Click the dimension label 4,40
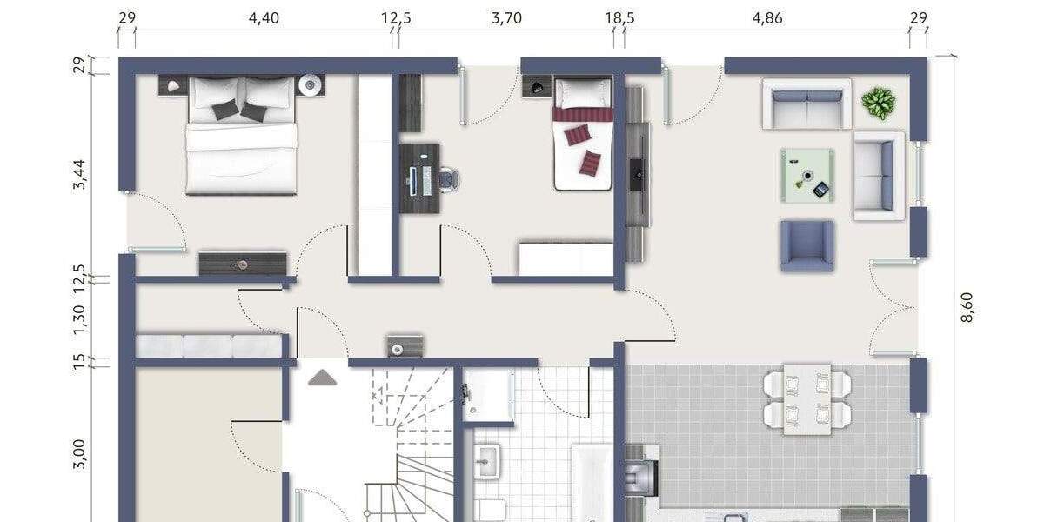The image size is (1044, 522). coord(264,17)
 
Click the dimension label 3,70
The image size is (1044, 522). coord(506,17)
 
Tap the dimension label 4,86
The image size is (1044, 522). coord(767,17)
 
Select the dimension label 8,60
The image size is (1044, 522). coord(967,307)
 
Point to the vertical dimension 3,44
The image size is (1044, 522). coord(79,175)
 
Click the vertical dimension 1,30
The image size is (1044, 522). coord(79,319)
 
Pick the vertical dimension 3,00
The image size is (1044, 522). coord(79,453)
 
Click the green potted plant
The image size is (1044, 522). coord(878,103)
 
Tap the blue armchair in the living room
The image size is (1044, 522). coord(806,245)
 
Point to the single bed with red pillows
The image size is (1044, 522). coord(582,132)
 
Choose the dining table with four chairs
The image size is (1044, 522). coord(806,399)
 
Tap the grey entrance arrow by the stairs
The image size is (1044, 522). coord(323,377)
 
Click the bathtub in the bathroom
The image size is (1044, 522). coord(593,483)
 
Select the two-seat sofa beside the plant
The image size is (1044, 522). coord(806,104)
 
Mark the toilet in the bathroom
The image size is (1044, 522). coord(492,510)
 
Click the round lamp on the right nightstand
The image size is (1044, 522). coord(311,85)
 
